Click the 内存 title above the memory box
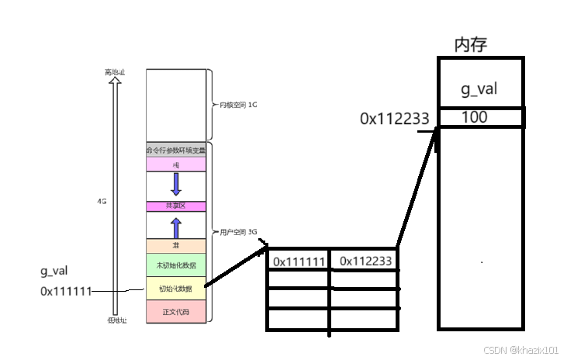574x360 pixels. tap(471, 44)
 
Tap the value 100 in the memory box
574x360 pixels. tap(474, 117)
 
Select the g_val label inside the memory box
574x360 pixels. tap(479, 89)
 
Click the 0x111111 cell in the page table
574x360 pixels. tap(299, 261)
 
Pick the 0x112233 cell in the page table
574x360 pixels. tap(365, 261)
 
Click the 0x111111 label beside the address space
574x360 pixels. tap(66, 291)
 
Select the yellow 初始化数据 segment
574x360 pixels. tap(175, 289)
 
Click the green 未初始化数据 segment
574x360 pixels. tap(175, 265)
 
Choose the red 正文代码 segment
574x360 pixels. tap(175, 312)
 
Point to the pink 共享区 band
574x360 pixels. tap(175, 206)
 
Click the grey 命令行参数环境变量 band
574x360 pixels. tap(175, 151)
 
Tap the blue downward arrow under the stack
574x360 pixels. tap(176, 184)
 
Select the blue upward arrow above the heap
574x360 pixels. tap(176, 227)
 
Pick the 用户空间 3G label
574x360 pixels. tap(237, 233)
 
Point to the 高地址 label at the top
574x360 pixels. tap(115, 72)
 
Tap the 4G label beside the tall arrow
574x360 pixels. tap(101, 200)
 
